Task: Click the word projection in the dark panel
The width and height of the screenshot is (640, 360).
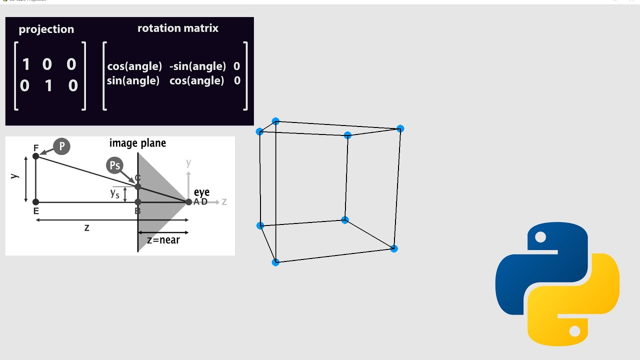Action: click(x=46, y=29)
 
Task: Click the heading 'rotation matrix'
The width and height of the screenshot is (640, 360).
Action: click(x=178, y=28)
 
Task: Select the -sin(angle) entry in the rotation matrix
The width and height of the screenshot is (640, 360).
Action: click(x=197, y=66)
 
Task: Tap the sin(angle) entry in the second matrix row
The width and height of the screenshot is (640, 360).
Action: click(x=133, y=80)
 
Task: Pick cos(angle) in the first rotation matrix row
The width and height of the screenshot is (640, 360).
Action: click(x=134, y=66)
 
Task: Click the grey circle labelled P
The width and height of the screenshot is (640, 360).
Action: click(x=61, y=146)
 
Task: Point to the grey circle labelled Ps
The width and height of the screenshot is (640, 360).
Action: click(x=114, y=165)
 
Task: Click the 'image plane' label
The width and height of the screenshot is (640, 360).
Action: click(x=137, y=143)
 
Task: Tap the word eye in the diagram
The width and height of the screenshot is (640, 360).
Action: click(x=201, y=192)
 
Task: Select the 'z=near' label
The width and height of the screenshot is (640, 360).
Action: click(x=163, y=240)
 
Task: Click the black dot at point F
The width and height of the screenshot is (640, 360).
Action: click(x=35, y=156)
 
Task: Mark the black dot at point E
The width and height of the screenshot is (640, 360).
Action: click(x=35, y=202)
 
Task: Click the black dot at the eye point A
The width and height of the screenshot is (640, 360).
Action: click(x=188, y=202)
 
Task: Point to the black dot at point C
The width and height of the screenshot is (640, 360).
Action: click(x=138, y=186)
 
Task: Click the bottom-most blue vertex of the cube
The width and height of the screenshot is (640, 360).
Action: click(x=275, y=262)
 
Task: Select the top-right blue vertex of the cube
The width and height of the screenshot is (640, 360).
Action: click(x=400, y=129)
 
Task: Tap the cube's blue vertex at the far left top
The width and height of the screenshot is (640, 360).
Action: click(x=259, y=132)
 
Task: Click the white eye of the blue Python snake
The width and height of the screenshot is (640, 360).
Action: click(x=540, y=237)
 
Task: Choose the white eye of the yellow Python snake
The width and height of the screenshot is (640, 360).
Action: click(x=574, y=330)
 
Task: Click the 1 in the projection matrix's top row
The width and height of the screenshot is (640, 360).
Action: click(x=26, y=64)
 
